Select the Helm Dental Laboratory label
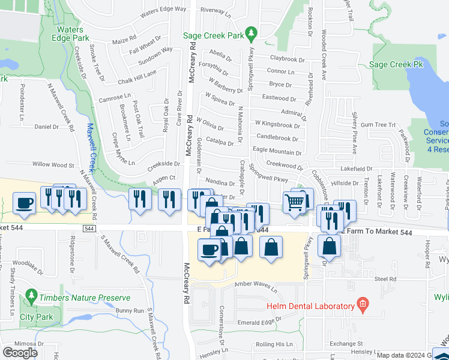tap(310, 306)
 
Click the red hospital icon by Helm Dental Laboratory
tap(362, 305)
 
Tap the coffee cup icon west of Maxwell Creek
tap(25, 203)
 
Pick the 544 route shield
tap(89, 229)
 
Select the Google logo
tap(20, 353)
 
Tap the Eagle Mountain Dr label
tap(277, 151)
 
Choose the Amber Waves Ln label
tap(256, 286)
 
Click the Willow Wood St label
tap(53, 164)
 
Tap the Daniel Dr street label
tap(46, 127)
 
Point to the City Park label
tap(36, 317)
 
